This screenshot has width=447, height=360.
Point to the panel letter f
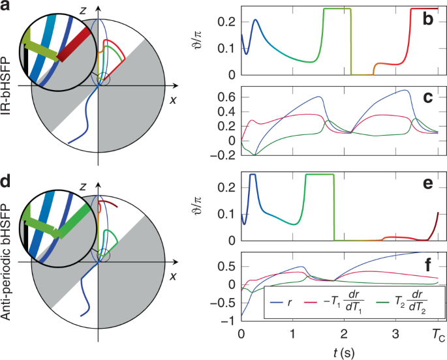click(x=428, y=264)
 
